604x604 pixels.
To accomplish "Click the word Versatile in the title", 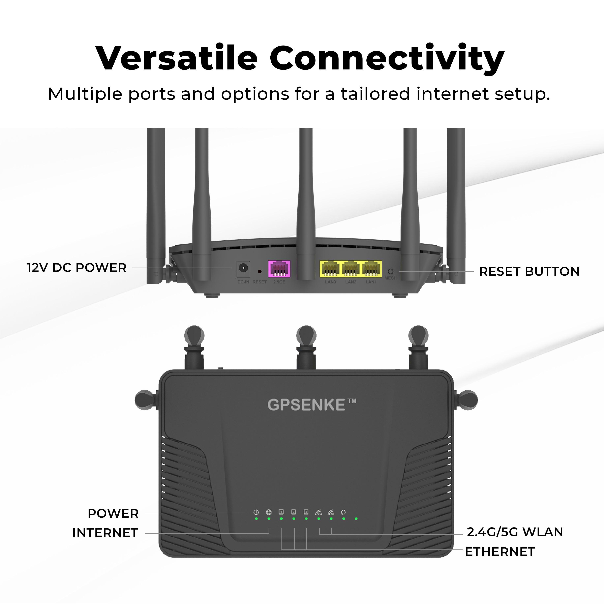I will [177, 58].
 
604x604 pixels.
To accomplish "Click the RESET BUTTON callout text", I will [529, 272].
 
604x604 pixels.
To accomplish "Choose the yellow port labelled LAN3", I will [330, 269].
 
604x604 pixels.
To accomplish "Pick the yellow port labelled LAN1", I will [371, 269].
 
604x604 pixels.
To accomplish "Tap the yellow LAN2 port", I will [351, 269].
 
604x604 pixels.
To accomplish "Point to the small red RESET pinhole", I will [260, 271].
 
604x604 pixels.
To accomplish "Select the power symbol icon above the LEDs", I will [256, 512].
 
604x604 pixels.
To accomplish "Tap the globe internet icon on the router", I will [269, 512].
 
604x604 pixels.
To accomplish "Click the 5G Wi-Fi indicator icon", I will [331, 512].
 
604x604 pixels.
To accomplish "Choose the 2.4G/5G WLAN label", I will [515, 532].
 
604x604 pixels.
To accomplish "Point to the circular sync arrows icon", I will [343, 512].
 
